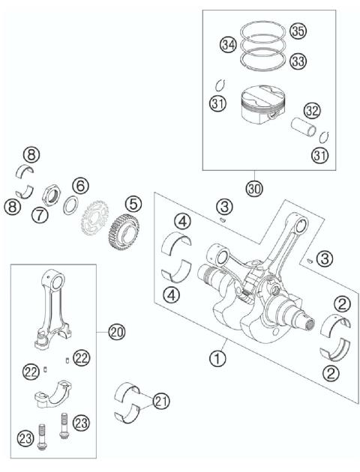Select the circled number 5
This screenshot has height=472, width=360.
click(133, 203)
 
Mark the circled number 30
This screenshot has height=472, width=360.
click(254, 190)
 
